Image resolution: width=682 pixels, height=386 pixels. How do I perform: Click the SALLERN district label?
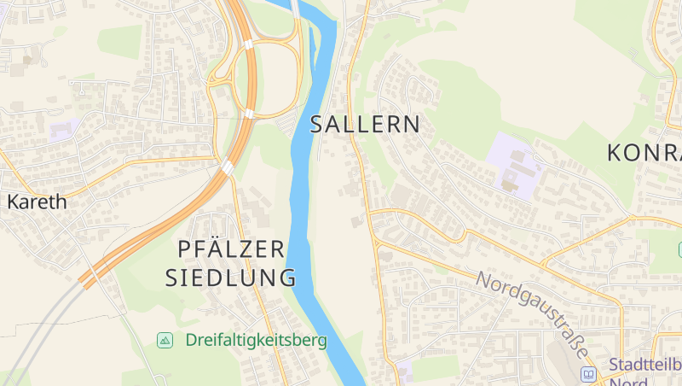[x=365, y=125]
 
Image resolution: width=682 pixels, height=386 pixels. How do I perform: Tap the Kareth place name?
[x=37, y=202]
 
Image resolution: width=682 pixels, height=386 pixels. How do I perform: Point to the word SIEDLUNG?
[x=230, y=278]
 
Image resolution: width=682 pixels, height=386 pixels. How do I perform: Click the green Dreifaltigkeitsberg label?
[x=256, y=340]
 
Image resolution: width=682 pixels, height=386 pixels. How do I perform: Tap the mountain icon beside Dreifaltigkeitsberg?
[x=165, y=340]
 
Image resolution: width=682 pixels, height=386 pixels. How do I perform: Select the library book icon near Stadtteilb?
[x=588, y=373]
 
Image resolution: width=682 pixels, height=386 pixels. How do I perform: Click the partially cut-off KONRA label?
[x=644, y=153]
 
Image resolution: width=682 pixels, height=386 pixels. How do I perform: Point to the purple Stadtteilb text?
[x=644, y=365]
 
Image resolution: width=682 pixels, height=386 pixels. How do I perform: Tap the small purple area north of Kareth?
[x=62, y=131]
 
